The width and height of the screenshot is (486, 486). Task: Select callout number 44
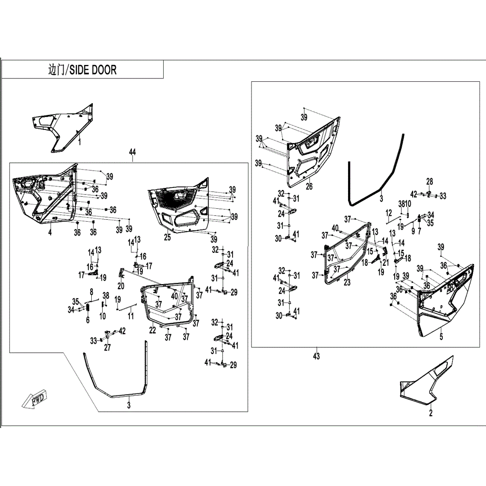(132, 152)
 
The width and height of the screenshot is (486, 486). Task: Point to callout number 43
(316, 356)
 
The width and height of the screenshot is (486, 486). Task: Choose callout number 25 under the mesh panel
(167, 238)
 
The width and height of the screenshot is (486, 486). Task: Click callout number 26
(309, 186)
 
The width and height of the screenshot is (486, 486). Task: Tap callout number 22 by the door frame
(153, 330)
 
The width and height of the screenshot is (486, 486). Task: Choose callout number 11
(130, 315)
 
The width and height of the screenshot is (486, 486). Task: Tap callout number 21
(385, 263)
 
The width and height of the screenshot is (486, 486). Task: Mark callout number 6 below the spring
(88, 321)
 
